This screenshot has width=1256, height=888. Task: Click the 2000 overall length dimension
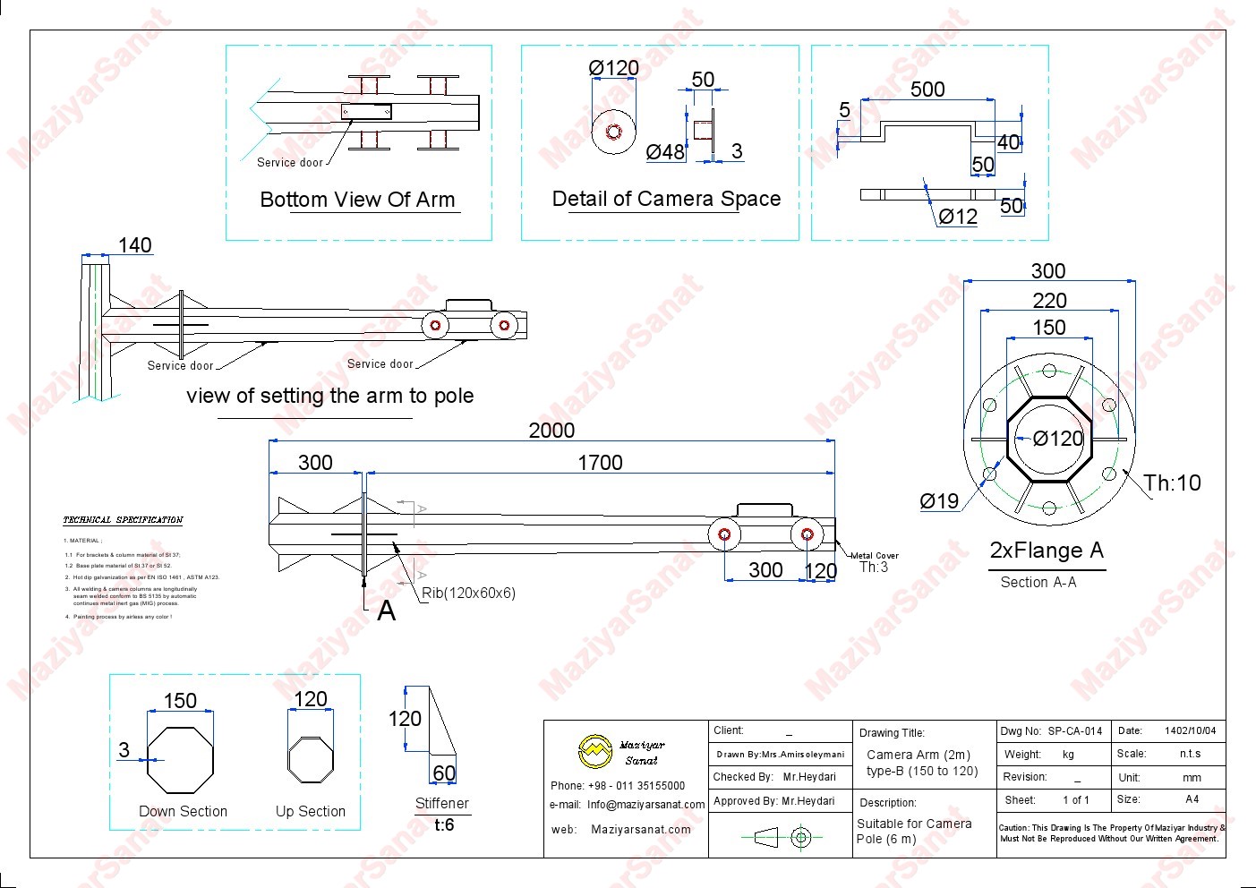click(x=551, y=431)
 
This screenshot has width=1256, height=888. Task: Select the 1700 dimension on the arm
click(x=600, y=463)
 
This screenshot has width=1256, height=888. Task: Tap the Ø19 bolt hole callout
click(x=939, y=501)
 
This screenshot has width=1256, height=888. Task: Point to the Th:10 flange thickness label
click(x=1173, y=483)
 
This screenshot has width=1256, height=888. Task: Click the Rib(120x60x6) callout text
click(x=469, y=593)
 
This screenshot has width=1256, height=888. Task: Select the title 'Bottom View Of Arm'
click(x=357, y=200)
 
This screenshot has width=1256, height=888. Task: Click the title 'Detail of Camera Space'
click(x=666, y=199)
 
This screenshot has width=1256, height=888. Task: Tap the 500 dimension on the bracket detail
click(x=927, y=90)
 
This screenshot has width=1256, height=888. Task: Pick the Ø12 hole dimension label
click(x=958, y=217)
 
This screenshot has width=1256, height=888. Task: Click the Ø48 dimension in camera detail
click(x=665, y=152)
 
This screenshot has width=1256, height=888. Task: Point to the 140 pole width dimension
click(x=135, y=245)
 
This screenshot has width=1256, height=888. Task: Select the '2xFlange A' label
click(x=1047, y=551)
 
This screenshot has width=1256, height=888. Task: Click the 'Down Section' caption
click(x=183, y=811)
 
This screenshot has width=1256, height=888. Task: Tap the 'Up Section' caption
click(x=311, y=811)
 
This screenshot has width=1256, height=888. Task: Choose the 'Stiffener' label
click(x=442, y=803)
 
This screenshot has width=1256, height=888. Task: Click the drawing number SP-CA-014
click(x=1074, y=731)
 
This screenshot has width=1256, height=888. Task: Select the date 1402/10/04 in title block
click(x=1190, y=730)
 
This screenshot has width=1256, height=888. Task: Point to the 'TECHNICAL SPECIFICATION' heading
click(x=123, y=520)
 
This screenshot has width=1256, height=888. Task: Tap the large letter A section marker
click(x=386, y=610)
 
